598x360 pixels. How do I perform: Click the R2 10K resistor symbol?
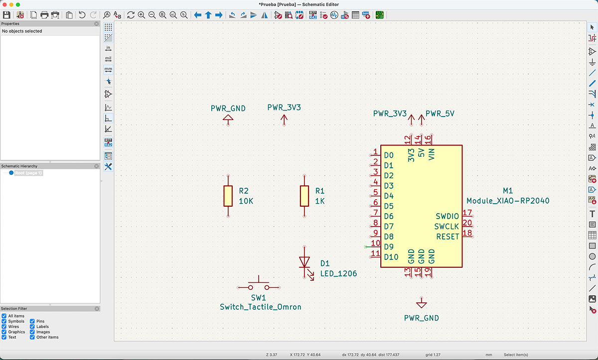[x=228, y=196]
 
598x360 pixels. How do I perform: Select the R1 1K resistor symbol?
[x=304, y=196]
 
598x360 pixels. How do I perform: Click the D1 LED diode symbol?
[x=304, y=262]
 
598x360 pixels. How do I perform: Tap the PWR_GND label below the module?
[x=422, y=318]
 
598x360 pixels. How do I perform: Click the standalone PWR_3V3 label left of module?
[x=284, y=108]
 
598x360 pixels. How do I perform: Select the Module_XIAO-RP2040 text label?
[x=508, y=201]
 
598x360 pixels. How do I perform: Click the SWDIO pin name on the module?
[x=447, y=216]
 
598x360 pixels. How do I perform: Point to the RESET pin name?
[x=447, y=237]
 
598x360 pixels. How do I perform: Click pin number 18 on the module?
[x=467, y=233]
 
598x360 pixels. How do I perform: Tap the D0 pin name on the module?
[x=389, y=155]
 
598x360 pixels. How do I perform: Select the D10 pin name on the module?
[x=391, y=257]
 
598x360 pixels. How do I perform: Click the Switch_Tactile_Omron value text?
[x=260, y=307]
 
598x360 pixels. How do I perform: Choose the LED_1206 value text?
[x=338, y=274]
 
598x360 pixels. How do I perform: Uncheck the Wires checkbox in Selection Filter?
[x=4, y=327]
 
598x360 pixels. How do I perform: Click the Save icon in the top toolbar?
[x=7, y=15]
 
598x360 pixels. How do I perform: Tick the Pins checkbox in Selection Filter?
[x=32, y=322]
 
